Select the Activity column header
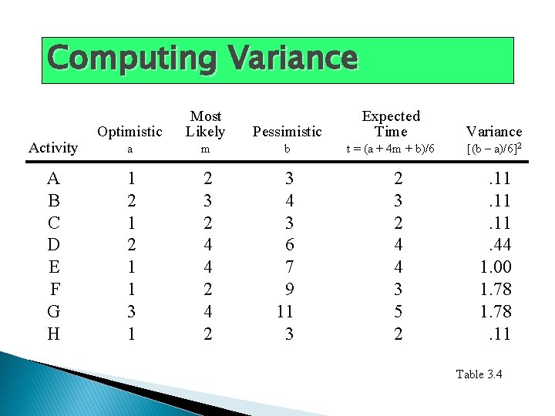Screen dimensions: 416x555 52,148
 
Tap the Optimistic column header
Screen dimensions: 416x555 130,132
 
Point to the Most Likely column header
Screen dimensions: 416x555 205,124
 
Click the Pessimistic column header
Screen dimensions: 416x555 287,132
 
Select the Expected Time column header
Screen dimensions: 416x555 391,124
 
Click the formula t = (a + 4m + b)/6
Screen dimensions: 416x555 391,149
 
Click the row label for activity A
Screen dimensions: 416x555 53,179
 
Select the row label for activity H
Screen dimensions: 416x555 53,334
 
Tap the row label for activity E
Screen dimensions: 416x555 53,268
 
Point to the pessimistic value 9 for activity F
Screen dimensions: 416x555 288,290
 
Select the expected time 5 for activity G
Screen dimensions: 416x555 398,312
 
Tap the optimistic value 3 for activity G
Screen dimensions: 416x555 132,312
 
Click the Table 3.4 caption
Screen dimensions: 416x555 479,374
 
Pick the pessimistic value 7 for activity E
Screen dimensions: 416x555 288,268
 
